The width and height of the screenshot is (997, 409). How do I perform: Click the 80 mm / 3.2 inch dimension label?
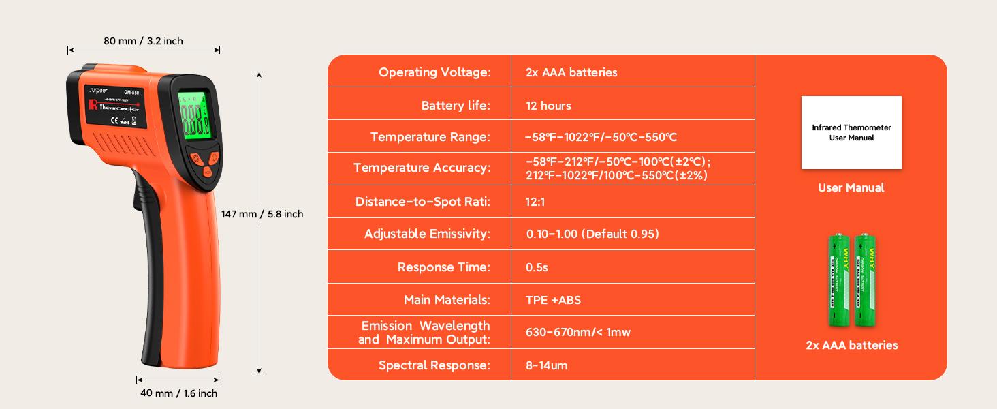tap(143, 41)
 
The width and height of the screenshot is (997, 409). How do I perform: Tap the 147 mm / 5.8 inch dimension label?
tap(262, 214)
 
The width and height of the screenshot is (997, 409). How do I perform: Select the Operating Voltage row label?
tap(434, 72)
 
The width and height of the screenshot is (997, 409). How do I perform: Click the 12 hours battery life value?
tap(548, 106)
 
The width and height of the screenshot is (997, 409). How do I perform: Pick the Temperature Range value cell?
tap(601, 137)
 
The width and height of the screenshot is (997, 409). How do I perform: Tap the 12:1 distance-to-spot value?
tap(535, 202)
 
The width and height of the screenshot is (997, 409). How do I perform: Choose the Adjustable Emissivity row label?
tap(427, 234)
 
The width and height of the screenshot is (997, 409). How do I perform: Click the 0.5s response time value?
tap(537, 267)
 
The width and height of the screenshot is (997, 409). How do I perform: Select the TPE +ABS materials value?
tap(553, 300)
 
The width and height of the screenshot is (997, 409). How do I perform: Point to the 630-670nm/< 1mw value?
tap(577, 333)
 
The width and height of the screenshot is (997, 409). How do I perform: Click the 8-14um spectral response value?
tap(546, 365)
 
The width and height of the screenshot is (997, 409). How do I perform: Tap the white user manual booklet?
tap(851, 132)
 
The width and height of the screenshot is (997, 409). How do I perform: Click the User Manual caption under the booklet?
tap(851, 188)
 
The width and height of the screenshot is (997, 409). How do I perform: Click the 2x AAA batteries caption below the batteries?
tap(851, 346)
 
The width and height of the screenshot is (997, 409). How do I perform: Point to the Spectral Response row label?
tap(434, 365)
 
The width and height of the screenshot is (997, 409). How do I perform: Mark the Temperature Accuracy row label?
tap(422, 168)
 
